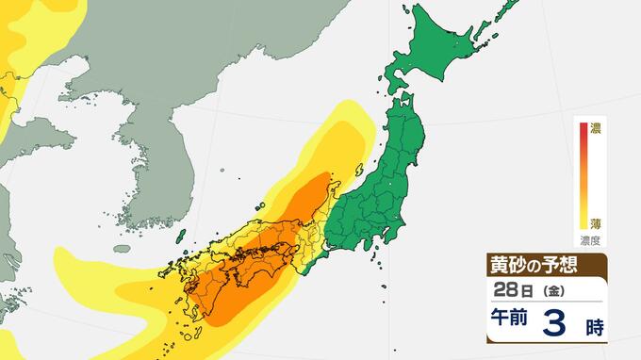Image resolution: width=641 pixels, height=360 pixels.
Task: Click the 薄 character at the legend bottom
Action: point(595,223)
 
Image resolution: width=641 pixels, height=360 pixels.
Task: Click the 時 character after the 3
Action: point(593,329)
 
